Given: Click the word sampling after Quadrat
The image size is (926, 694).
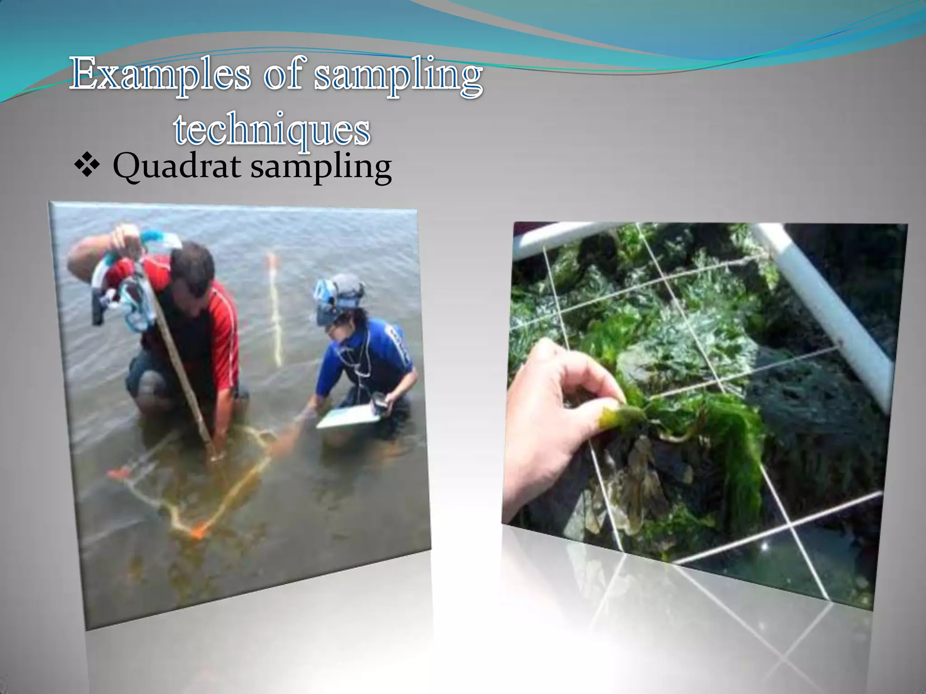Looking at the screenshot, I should tap(321, 168).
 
